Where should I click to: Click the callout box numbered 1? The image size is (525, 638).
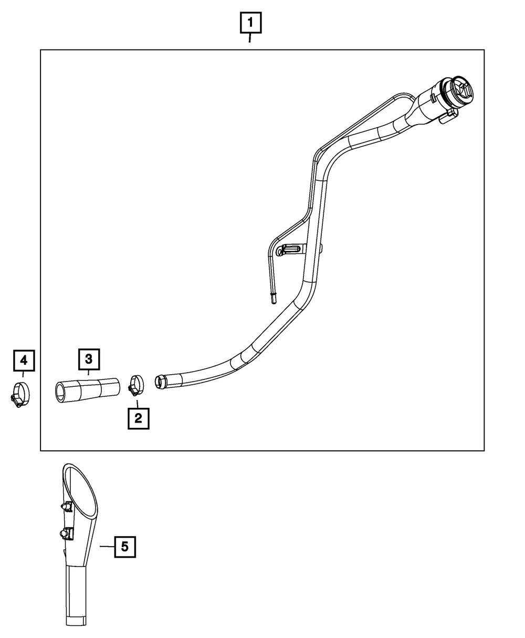click(x=250, y=23)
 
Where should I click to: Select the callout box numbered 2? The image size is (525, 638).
click(x=138, y=418)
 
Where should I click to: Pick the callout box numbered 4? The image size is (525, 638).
click(x=23, y=360)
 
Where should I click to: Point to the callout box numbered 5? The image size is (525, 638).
click(x=124, y=547)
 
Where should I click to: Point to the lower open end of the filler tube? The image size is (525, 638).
click(x=160, y=382)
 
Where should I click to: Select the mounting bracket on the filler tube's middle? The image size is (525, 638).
click(x=289, y=249)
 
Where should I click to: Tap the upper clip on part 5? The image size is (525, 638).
click(x=65, y=507)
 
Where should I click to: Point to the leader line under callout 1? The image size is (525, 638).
click(x=250, y=38)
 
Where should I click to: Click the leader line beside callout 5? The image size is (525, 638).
click(x=107, y=547)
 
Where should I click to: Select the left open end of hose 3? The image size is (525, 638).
click(x=61, y=393)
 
